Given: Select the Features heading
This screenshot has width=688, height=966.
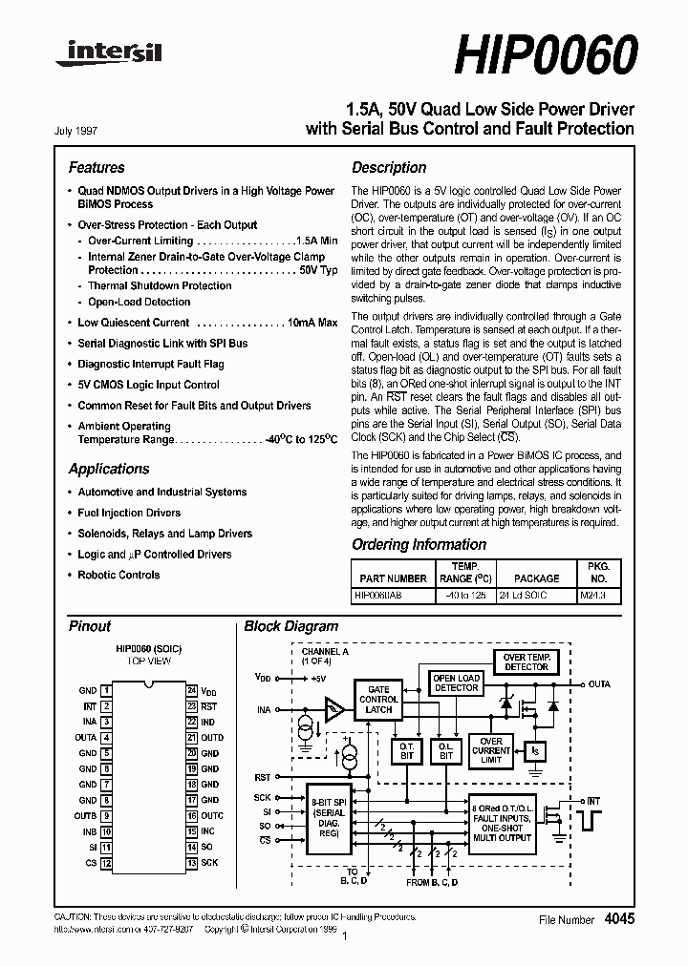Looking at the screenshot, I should tap(97, 167).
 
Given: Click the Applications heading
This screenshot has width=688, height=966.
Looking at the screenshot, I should tap(109, 469).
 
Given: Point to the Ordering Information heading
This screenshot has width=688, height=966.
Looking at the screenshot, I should tap(419, 545).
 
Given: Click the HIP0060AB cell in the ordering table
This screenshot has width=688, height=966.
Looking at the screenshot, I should tap(377, 594).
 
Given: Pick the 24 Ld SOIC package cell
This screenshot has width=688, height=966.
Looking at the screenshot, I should tap(536, 594).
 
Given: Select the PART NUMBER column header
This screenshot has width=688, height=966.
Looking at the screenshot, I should tap(393, 578).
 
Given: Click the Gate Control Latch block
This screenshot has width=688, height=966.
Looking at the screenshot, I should tap(378, 699).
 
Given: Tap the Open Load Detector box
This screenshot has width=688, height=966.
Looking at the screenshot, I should tap(457, 682).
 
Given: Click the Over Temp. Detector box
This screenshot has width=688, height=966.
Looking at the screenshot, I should tap(526, 661).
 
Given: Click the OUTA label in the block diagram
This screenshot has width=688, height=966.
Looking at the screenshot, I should tap(599, 684).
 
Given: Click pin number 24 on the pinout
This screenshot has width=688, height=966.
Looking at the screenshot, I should tap(192, 690).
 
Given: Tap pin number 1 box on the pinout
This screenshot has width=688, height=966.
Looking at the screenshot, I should tap(107, 690).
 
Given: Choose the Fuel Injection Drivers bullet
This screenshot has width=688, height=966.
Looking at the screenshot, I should tap(129, 513).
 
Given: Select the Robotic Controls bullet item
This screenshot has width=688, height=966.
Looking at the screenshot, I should tap(118, 575).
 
